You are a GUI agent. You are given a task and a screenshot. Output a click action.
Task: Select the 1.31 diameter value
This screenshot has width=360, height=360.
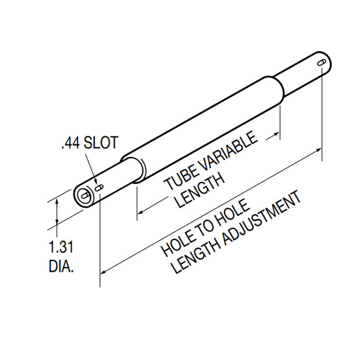(x=61, y=246)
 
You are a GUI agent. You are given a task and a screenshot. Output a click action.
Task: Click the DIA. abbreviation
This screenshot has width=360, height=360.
(x=61, y=265)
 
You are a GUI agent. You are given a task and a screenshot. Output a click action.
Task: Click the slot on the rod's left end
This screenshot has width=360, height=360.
(x=101, y=188)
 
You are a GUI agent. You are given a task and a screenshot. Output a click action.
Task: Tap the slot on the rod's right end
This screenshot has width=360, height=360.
(x=320, y=63)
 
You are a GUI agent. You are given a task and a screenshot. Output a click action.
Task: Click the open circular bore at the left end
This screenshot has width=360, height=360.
(x=83, y=196)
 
